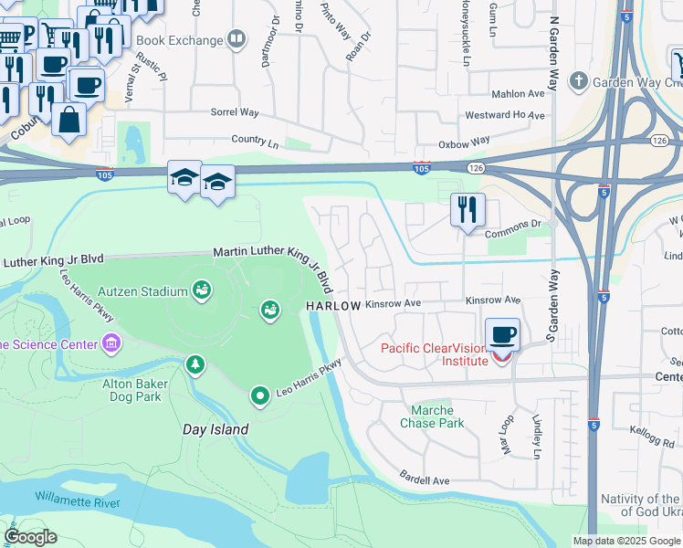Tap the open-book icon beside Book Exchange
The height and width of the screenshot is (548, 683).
[x=236, y=39]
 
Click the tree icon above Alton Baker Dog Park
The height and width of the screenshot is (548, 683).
[x=194, y=365]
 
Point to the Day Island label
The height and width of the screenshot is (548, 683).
[x=215, y=429]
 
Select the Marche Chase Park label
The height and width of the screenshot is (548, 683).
[x=432, y=416]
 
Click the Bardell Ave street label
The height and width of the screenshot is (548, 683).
[x=425, y=479]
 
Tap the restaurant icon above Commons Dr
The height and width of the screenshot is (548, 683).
[x=468, y=209]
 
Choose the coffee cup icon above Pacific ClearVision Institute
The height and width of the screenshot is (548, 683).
[x=502, y=334]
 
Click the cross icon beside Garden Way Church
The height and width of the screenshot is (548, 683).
[x=577, y=81]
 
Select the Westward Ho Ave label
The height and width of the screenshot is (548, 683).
[x=505, y=116]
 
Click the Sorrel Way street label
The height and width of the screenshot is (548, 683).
[x=236, y=113]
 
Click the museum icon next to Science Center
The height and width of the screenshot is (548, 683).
[x=111, y=343]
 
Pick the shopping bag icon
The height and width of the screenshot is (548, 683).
[x=68, y=119]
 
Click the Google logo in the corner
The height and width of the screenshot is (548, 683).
[x=30, y=537]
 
